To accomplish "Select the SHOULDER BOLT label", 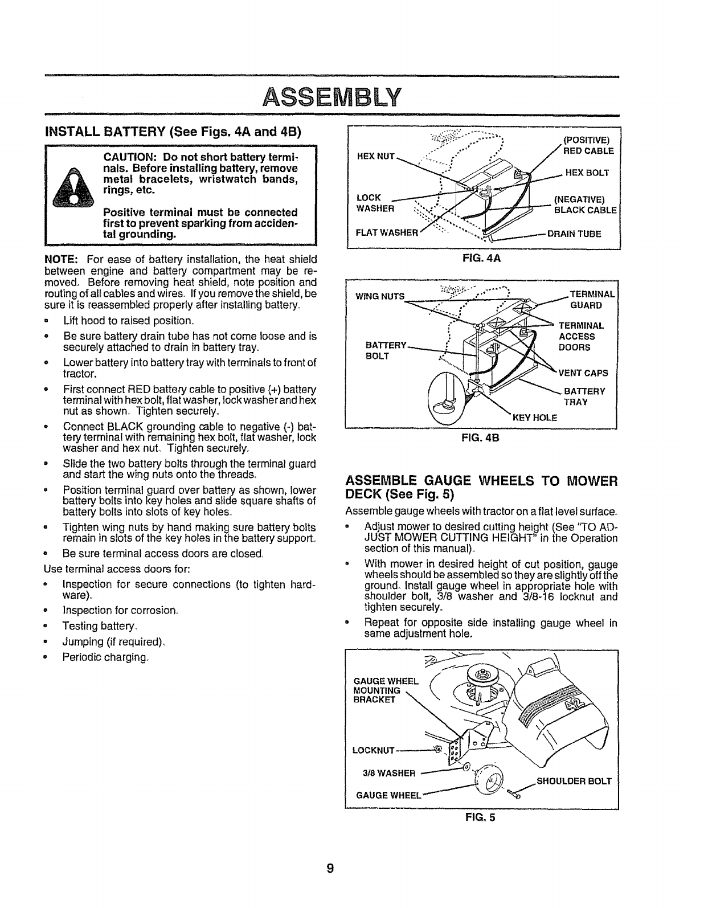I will [x=574, y=781].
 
